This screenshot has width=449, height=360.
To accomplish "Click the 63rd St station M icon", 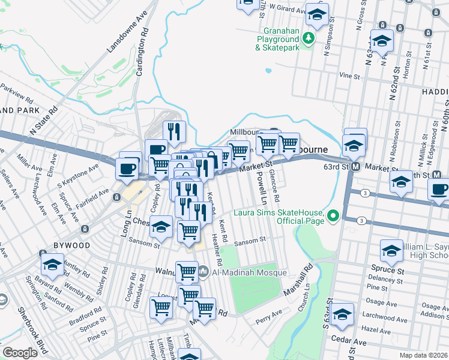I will tap(355, 166).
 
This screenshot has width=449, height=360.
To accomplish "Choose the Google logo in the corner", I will tap(20, 353).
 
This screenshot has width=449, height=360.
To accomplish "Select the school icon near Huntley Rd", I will tap(52, 263).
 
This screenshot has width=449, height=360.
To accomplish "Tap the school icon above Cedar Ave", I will tap(342, 313).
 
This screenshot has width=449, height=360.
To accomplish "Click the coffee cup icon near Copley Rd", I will tap(156, 149).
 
